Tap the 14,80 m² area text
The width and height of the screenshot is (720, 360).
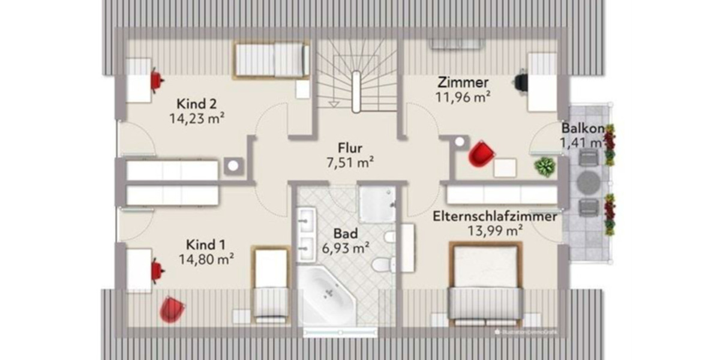(x=206, y=259)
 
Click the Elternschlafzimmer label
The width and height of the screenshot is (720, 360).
(x=495, y=217)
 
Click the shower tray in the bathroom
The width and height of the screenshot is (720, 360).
(x=377, y=204)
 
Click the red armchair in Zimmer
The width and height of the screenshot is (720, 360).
(x=482, y=152)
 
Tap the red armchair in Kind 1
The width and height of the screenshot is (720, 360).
(x=172, y=310)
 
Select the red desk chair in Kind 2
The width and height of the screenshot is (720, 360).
(x=157, y=80)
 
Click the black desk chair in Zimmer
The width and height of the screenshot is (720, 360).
(x=521, y=81)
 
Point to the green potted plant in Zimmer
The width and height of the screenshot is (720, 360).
(x=545, y=166)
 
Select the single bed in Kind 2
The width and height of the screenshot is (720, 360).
(x=271, y=60)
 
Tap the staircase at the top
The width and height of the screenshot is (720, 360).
(x=356, y=75)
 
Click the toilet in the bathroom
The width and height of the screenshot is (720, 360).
(x=382, y=265)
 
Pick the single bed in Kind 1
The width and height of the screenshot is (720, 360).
(x=271, y=282)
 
